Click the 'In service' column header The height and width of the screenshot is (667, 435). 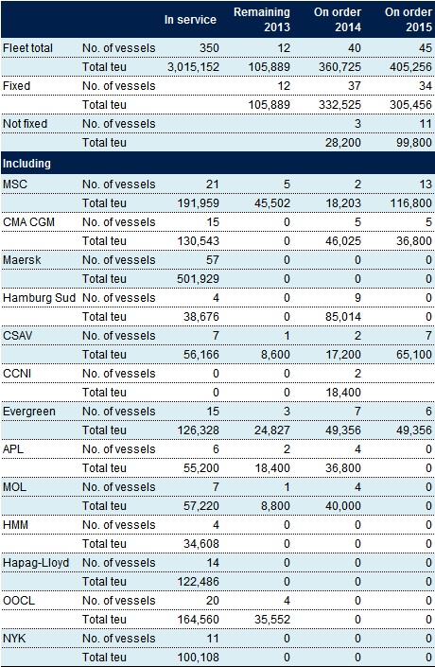pos(190,20)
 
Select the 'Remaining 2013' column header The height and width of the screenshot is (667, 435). pos(262,20)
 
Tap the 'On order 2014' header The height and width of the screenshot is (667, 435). pos(338,20)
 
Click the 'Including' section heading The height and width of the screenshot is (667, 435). pos(26,164)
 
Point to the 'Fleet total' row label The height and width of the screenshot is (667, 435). pos(27,48)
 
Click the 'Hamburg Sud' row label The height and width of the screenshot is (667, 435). pos(39,298)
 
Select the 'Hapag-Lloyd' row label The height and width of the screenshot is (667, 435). pos(36,563)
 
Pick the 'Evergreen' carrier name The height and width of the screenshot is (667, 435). pos(29,412)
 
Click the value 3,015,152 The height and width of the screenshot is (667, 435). pos(193,67)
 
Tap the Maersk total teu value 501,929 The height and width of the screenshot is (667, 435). pos(199,279)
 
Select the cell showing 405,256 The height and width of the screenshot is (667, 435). pos(410,67)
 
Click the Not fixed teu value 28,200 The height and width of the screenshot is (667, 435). pos(343,143)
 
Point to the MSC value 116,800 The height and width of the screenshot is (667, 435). pos(410,203)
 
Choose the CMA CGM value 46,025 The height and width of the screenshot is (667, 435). pos(343,241)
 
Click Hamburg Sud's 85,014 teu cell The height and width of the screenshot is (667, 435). pos(343,317)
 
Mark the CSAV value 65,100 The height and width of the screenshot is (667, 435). pos(414,355)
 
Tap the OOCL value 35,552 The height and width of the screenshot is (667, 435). pos(272,620)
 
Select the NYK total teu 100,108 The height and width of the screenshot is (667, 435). pos(199,658)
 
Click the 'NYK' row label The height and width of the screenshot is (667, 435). pos(14,639)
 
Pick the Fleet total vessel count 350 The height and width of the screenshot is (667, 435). pos(209,48)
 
